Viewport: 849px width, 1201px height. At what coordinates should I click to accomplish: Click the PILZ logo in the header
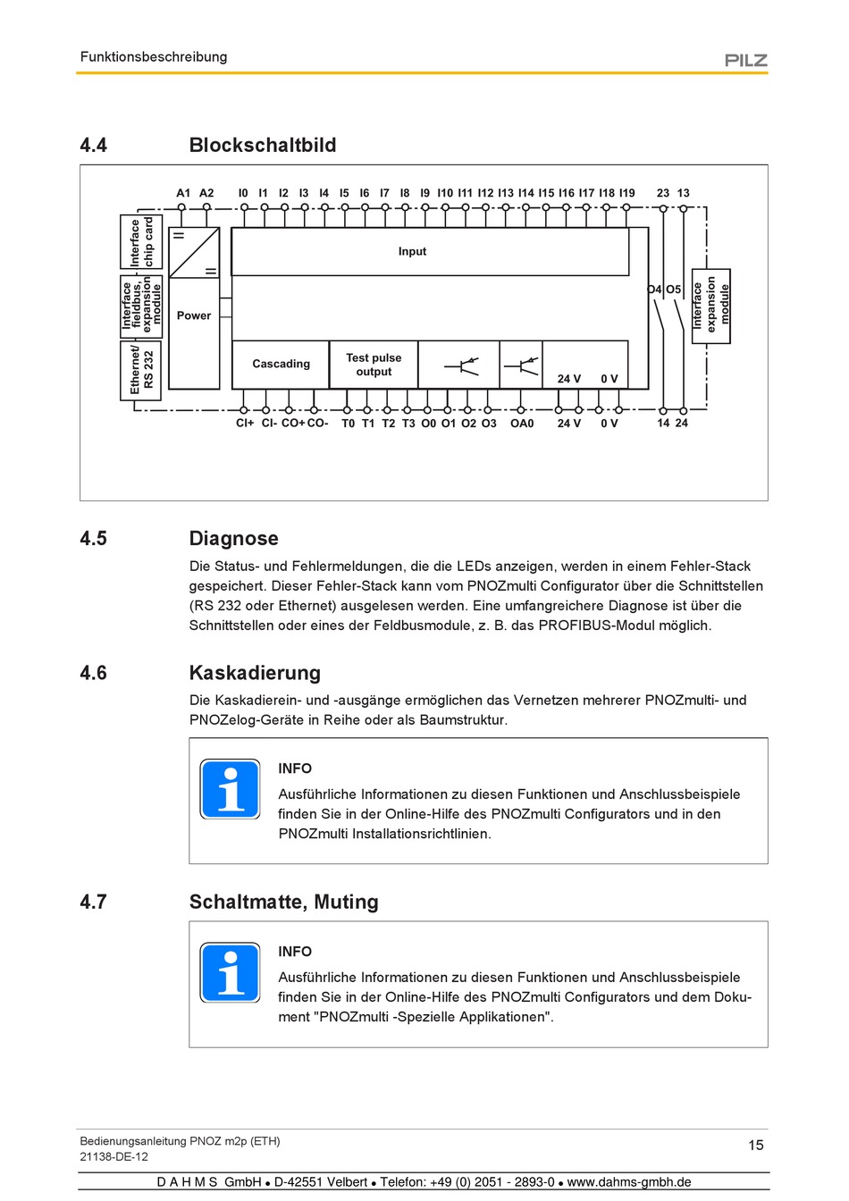(x=745, y=60)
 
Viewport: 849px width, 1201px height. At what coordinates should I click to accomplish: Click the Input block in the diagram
(x=412, y=251)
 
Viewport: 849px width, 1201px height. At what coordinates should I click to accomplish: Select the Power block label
(x=194, y=315)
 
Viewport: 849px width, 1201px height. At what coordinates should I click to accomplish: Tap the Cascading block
(x=281, y=364)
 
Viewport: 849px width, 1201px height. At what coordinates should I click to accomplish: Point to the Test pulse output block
(x=374, y=365)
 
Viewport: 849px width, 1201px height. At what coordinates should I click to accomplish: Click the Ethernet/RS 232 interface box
(x=141, y=369)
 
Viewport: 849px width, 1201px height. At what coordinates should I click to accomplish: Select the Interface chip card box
(x=141, y=241)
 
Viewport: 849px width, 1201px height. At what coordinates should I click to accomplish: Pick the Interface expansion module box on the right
(x=711, y=306)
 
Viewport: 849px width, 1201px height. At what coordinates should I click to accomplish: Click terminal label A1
(x=183, y=193)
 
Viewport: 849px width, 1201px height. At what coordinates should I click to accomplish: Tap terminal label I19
(x=627, y=193)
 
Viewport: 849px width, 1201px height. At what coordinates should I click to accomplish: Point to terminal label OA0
(x=522, y=424)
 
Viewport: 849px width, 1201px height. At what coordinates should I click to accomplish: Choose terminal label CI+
(x=245, y=424)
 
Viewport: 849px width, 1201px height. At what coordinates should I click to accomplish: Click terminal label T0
(x=348, y=424)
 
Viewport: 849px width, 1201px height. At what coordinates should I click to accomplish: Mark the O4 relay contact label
(x=655, y=290)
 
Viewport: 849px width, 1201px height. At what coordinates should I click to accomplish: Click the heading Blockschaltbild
(x=263, y=145)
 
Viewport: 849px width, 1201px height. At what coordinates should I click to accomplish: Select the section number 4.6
(x=93, y=673)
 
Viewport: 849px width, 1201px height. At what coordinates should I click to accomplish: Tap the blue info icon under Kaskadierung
(x=231, y=789)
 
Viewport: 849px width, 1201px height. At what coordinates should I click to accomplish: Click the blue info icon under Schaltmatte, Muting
(x=231, y=972)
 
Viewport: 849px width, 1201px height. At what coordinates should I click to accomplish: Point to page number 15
(x=756, y=1145)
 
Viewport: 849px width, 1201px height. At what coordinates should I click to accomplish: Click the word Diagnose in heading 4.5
(x=233, y=538)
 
